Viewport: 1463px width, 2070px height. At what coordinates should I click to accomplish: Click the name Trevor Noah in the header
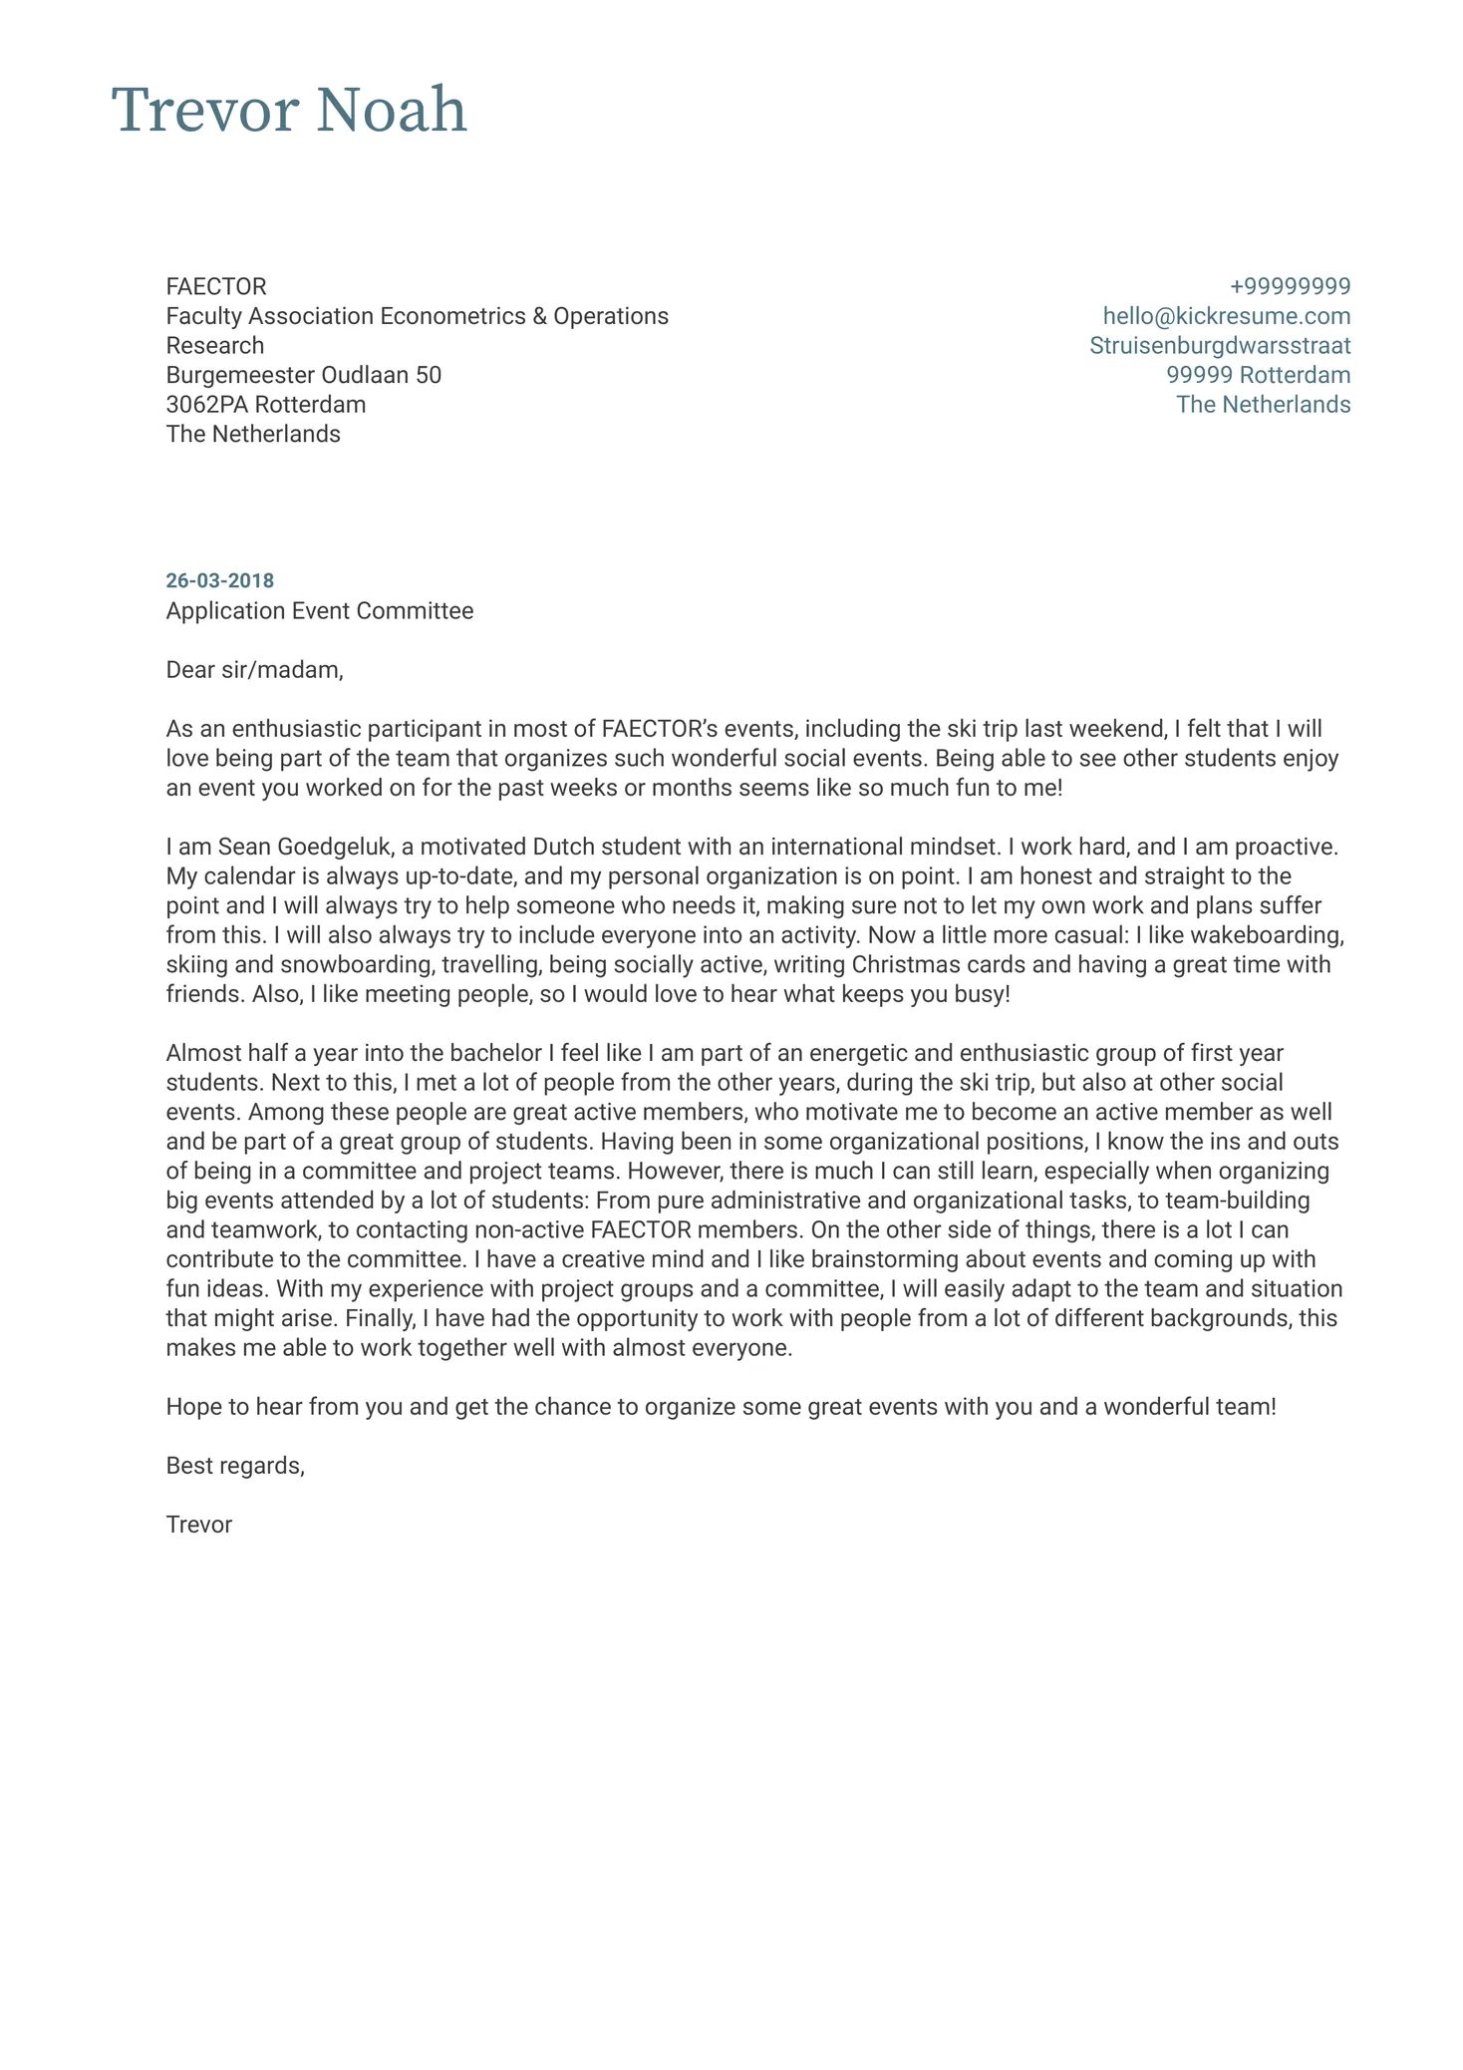point(289,111)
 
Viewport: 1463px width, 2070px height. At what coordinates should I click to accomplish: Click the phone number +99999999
point(1290,287)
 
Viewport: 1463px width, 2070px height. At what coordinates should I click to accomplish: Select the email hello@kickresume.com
point(1226,316)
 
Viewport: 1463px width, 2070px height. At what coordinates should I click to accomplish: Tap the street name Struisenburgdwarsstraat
point(1220,346)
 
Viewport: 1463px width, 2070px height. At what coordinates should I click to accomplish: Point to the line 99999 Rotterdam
point(1258,375)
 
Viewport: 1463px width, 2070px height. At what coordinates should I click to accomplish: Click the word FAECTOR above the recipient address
point(216,287)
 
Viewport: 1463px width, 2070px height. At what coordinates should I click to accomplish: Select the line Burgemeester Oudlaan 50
point(303,375)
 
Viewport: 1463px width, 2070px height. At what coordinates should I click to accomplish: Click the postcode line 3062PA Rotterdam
point(265,405)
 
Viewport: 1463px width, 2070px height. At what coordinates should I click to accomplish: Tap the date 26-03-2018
point(219,580)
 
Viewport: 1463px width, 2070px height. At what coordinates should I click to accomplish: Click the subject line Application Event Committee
point(319,610)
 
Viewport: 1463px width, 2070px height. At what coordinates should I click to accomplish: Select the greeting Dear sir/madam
point(254,670)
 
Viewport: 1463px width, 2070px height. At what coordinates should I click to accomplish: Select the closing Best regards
point(235,1466)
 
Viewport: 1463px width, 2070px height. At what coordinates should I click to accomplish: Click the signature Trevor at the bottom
point(198,1525)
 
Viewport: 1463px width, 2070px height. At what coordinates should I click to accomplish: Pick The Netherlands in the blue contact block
point(1263,405)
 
